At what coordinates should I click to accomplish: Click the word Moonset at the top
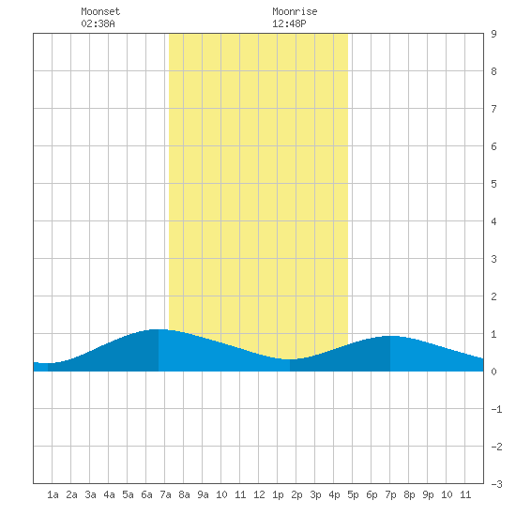(x=100, y=11)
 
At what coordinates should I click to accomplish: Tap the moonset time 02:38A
(x=98, y=23)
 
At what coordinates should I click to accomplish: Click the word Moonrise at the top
(x=295, y=11)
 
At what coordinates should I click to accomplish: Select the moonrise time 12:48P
(x=289, y=23)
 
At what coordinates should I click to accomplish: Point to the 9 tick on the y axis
(x=493, y=34)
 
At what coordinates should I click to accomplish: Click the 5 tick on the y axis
(x=493, y=184)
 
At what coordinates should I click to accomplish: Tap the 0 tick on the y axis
(x=493, y=372)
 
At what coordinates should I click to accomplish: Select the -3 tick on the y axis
(x=496, y=484)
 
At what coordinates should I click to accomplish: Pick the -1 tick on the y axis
(x=496, y=409)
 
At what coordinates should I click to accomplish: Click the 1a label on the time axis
(x=53, y=494)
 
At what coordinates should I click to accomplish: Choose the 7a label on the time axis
(x=165, y=494)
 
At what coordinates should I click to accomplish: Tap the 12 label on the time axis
(x=259, y=494)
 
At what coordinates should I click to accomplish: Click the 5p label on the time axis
(x=353, y=494)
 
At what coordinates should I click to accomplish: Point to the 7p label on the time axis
(x=390, y=494)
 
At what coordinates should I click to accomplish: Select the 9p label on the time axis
(x=428, y=494)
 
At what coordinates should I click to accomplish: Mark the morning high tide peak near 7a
(x=159, y=329)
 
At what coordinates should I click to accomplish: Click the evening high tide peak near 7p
(x=390, y=336)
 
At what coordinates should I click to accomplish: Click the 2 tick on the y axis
(x=493, y=296)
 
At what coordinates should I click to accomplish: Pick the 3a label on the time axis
(x=90, y=494)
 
